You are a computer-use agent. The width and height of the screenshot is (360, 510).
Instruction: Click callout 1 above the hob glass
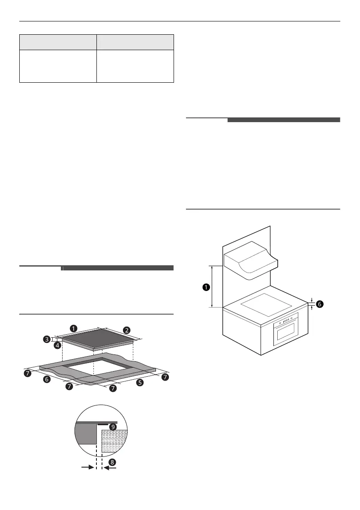pyautogui.click(x=74, y=329)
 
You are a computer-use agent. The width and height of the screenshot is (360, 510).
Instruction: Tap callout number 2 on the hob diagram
pyautogui.click(x=127, y=330)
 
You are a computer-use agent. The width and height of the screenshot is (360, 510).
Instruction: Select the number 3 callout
pyautogui.click(x=47, y=339)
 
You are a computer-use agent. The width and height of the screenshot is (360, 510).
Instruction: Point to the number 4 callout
pyautogui.click(x=57, y=344)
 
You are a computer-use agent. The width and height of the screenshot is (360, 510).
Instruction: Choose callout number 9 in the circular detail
pyautogui.click(x=113, y=427)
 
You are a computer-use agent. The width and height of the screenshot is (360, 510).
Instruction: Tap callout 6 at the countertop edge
pyautogui.click(x=320, y=304)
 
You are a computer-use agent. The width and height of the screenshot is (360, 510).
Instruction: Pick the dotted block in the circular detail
pyautogui.click(x=115, y=444)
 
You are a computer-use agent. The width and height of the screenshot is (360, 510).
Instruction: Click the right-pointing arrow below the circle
pyautogui.click(x=87, y=468)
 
